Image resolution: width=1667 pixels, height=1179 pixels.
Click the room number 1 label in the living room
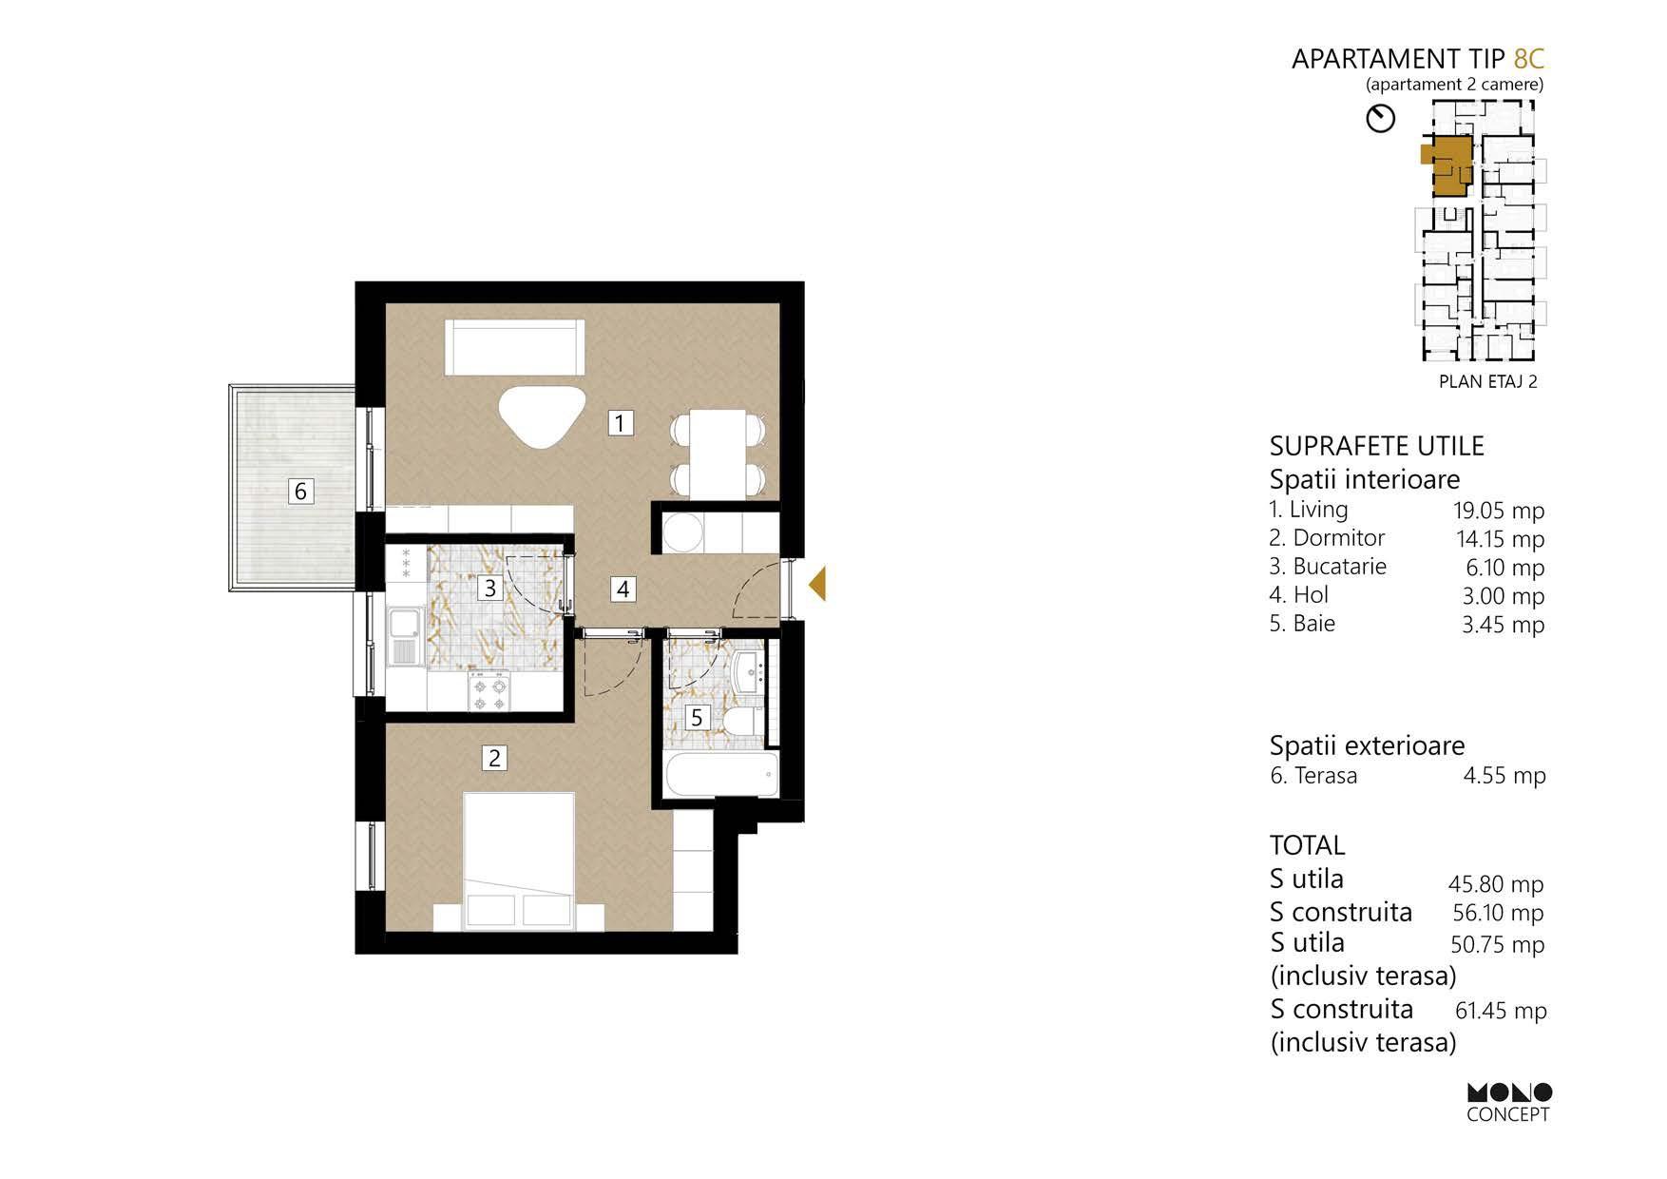click(621, 422)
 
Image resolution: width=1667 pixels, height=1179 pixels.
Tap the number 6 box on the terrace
click(300, 491)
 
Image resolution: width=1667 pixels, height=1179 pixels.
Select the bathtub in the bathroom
click(722, 776)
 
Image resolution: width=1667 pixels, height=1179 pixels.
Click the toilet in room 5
click(740, 720)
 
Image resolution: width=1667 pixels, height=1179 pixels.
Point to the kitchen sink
click(404, 639)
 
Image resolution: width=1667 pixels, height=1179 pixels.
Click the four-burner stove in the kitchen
click(489, 691)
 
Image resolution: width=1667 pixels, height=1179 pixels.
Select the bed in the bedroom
click(519, 861)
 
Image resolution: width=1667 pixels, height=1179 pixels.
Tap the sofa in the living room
click(514, 349)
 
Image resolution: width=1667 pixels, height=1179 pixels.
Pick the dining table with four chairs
click(718, 453)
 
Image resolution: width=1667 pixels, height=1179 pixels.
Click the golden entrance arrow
click(816, 584)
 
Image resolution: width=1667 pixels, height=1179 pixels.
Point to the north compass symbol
click(1380, 119)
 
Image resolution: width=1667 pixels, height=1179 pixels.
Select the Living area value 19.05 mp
click(1499, 511)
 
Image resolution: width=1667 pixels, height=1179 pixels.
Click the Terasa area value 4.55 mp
click(1504, 776)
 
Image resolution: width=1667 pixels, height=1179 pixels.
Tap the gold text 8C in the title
click(1528, 59)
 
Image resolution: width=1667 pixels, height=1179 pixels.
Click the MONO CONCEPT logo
click(1509, 1103)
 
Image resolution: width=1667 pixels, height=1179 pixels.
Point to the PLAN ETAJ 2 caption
click(1488, 382)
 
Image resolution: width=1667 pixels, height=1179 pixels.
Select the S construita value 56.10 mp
click(1499, 913)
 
